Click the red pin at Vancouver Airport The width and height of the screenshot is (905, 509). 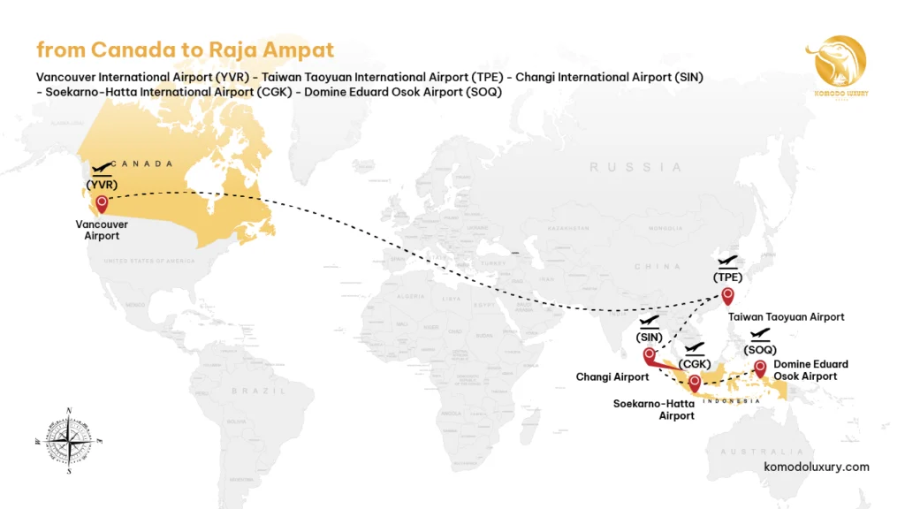(102, 204)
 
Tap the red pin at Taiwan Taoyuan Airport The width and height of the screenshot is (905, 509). (727, 295)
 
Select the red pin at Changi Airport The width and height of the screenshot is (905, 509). (650, 355)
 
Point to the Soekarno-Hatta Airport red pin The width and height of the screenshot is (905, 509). (696, 383)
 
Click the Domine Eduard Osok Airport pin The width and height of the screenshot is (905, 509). (759, 367)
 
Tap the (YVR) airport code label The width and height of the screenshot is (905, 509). (102, 185)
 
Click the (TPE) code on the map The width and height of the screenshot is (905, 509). (727, 277)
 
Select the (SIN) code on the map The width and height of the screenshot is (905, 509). (649, 337)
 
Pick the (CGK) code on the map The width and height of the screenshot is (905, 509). (696, 364)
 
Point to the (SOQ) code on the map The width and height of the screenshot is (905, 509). (760, 349)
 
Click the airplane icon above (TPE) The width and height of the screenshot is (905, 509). (728, 261)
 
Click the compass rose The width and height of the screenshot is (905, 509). (70, 439)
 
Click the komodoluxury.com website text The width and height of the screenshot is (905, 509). (816, 467)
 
